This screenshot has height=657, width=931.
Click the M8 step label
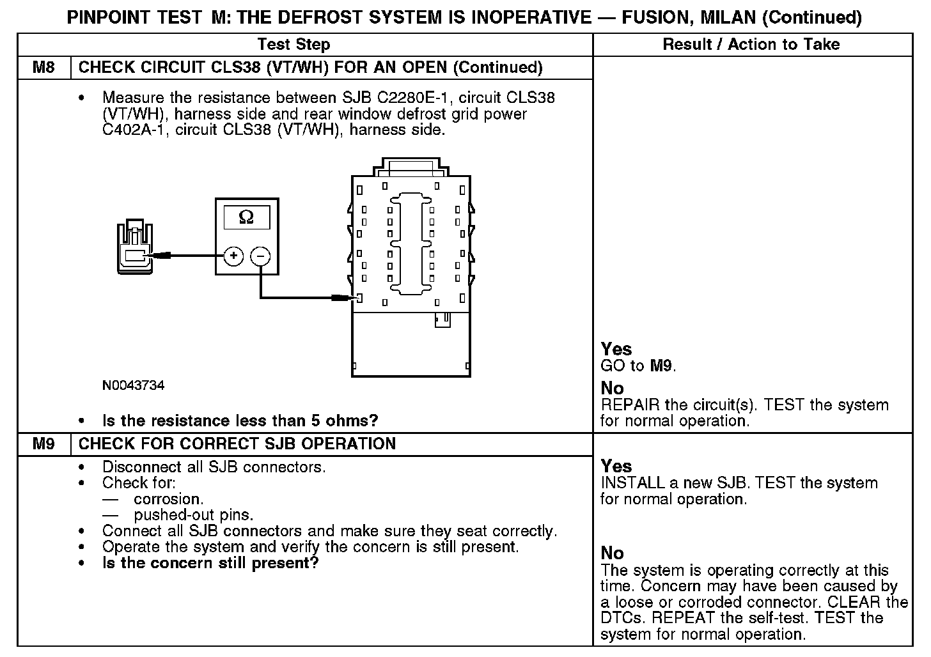click(x=43, y=68)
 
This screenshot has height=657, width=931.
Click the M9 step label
click(x=43, y=444)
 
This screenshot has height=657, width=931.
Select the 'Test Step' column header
click(x=293, y=45)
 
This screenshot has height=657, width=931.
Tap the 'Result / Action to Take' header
click(x=751, y=45)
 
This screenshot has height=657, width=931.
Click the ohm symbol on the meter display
click(x=246, y=218)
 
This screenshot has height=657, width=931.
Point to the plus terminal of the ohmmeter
click(x=233, y=256)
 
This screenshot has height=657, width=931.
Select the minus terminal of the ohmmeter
click(x=260, y=256)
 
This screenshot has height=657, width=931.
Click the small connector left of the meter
click(x=135, y=248)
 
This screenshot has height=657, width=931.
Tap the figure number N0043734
click(x=133, y=386)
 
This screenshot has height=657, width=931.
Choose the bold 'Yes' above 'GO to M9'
click(x=616, y=349)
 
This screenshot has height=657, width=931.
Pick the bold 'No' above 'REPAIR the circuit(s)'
click(x=612, y=388)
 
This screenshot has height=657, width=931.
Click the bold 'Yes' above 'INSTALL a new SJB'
click(x=616, y=466)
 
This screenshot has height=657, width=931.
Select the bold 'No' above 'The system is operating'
click(x=612, y=553)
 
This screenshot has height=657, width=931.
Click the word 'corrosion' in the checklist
click(x=168, y=499)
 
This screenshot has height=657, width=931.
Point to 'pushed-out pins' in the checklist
click(x=193, y=515)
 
